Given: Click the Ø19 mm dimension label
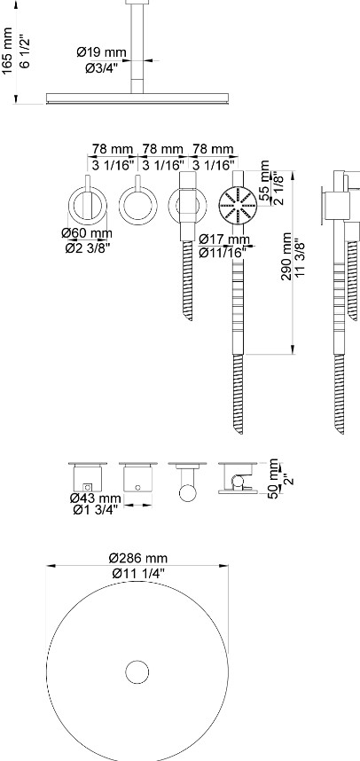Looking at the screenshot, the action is click(x=101, y=52).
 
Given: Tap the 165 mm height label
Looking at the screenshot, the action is click(x=7, y=51).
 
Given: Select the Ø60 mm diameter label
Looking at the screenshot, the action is click(x=87, y=233).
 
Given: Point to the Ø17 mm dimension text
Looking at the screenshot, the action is click(x=224, y=239).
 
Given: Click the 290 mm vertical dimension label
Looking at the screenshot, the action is click(x=287, y=256).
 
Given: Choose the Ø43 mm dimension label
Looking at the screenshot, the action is click(x=96, y=498).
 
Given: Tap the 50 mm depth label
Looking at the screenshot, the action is click(x=274, y=479).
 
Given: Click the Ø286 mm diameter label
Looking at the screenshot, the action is click(x=138, y=559).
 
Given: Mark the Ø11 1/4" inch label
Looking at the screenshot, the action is click(x=138, y=573).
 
